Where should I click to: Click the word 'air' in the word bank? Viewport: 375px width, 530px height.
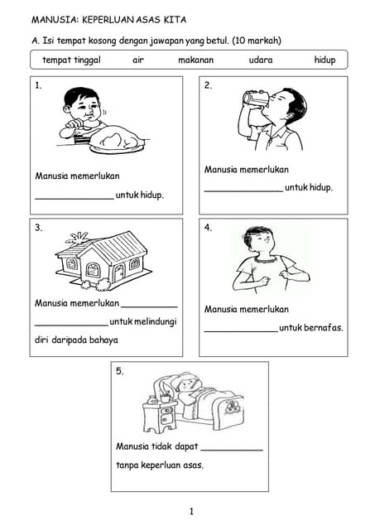pos(138,60)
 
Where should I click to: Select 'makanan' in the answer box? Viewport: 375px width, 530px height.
pos(196,60)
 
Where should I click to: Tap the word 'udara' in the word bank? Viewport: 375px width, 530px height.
pos(261,60)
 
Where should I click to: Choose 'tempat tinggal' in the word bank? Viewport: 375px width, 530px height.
pos(72,60)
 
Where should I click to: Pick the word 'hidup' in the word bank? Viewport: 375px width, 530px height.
pos(325,60)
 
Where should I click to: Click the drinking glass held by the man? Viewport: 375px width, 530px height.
pos(255,98)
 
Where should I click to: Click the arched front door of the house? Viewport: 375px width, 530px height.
pos(118,272)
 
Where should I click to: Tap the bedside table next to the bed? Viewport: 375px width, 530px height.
pos(159,416)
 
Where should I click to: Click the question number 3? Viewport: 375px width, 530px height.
pos(39,228)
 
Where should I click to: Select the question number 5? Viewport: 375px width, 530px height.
pos(119,371)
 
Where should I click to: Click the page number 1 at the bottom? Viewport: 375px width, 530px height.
pos(191,512)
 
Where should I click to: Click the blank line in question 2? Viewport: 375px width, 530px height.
pos(243,191)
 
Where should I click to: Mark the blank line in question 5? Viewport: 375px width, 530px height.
pos(232,450)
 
